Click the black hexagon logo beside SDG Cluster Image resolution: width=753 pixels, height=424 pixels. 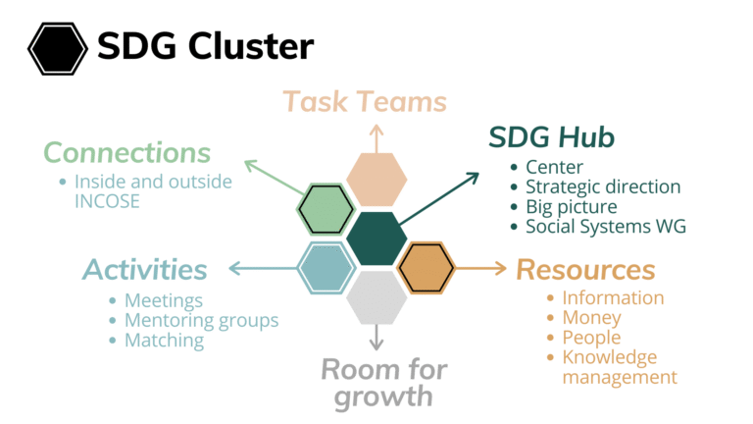58,48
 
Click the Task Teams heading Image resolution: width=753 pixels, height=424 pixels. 365,102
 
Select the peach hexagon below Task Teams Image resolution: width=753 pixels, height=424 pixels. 376,180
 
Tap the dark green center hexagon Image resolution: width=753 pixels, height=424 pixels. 376,238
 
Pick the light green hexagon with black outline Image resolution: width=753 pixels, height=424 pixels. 326,210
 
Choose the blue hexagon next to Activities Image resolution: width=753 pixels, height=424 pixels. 326,268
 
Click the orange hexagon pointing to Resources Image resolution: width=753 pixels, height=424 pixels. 427,268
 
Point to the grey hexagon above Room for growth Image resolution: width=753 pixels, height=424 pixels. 376,297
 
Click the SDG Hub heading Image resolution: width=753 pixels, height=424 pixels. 551,137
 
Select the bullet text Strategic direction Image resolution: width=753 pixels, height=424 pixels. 603,186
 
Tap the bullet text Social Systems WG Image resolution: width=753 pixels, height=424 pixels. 606,227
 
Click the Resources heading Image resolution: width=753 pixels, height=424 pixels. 586,270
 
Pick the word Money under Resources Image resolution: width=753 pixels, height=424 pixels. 591,318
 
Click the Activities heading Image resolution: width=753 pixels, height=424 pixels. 145,269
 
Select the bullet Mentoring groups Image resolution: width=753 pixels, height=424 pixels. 202,321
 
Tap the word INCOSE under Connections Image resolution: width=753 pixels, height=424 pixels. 107,201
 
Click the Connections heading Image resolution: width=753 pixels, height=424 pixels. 127,153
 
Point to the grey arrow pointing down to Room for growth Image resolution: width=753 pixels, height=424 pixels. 376,338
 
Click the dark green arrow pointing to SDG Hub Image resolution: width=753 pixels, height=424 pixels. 439,198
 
